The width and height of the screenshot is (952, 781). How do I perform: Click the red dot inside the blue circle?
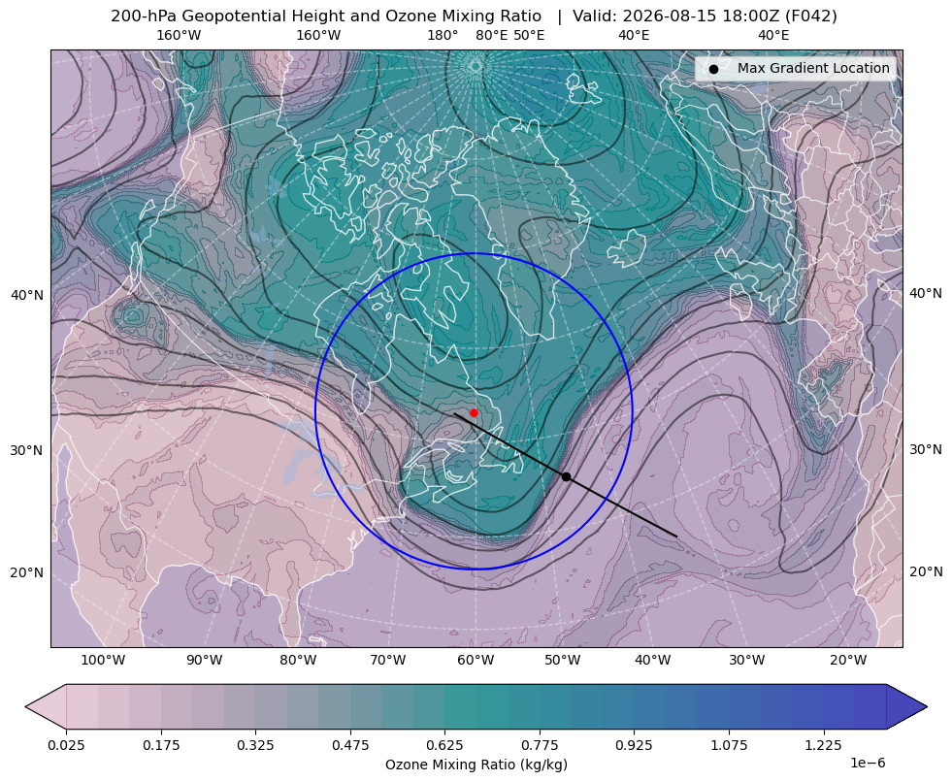pos(474,412)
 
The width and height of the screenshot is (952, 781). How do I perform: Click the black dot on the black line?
pos(566,477)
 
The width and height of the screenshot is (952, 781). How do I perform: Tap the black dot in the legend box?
pos(713,69)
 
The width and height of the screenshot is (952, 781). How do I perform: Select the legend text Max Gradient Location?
pos(813,68)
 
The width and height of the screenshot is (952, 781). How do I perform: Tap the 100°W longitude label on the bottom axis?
pos(103,660)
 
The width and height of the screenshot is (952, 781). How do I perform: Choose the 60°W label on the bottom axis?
pos(475,660)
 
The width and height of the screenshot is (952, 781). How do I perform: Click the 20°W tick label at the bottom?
pos(848,660)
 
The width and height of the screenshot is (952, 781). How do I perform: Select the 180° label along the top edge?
pos(443,35)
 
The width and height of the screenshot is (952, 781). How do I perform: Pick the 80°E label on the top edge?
pos(491,35)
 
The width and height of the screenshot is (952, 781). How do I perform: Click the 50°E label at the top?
pos(529,35)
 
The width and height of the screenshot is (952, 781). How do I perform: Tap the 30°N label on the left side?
pos(27,451)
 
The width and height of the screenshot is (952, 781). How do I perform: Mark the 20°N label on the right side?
pos(926,571)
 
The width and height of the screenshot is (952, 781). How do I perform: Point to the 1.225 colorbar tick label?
pos(823,744)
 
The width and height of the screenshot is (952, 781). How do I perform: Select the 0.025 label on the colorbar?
pos(66,744)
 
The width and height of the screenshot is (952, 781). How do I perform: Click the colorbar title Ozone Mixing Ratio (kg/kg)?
pos(476,764)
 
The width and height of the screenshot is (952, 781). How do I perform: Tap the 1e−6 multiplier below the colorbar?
pos(868,763)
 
